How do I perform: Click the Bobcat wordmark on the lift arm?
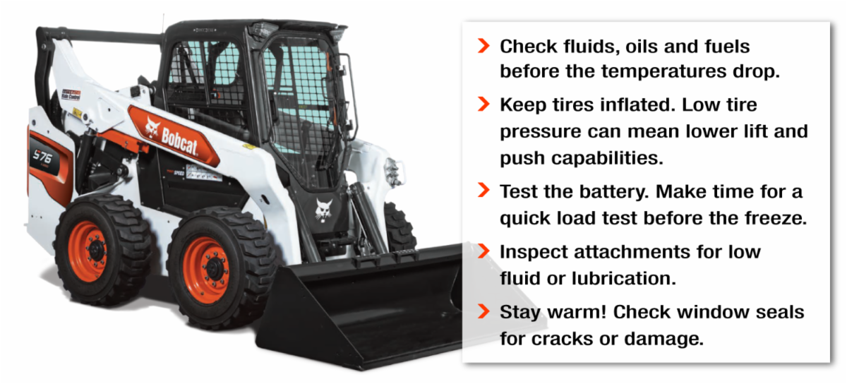179,141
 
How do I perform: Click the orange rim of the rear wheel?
88,251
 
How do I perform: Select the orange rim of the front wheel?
207,270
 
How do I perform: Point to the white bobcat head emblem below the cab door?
324,209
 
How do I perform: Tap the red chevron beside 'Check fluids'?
483,46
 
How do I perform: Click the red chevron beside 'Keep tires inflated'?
483,104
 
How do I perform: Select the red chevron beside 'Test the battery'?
483,191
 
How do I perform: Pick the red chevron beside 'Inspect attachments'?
483,251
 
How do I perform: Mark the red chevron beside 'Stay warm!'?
483,311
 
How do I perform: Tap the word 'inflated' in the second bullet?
637,104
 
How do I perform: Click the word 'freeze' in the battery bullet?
776,218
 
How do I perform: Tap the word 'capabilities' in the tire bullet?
606,159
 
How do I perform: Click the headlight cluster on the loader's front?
392,172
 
